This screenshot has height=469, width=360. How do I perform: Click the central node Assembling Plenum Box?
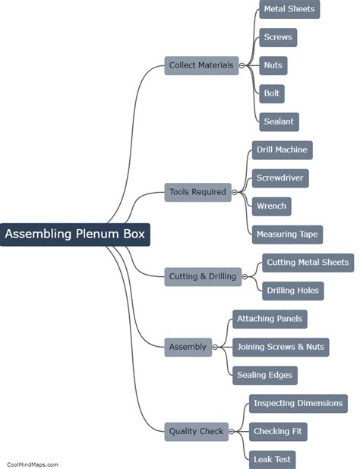[x=74, y=234]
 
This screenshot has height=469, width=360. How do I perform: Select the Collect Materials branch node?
[x=201, y=65]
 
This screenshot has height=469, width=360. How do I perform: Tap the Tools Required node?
[x=197, y=192]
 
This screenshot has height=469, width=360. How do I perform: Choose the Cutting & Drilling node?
[x=202, y=276]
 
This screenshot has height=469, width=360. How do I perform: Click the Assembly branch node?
[x=188, y=347]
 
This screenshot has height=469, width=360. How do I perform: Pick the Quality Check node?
[x=196, y=431]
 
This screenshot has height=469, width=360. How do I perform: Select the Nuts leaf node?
[x=273, y=65]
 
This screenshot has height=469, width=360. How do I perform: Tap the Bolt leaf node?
[x=271, y=93]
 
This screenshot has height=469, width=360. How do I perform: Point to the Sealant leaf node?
[x=279, y=121]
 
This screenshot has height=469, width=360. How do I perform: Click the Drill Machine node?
[x=282, y=150]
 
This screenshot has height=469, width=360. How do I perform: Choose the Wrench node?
[x=271, y=206]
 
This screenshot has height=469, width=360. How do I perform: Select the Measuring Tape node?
[x=286, y=234]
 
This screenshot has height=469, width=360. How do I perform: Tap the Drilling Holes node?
[x=292, y=290]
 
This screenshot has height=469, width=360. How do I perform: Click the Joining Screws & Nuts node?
[x=280, y=347]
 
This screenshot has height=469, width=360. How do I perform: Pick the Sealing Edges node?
[x=264, y=375]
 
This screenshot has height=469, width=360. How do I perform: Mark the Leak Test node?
[x=271, y=459]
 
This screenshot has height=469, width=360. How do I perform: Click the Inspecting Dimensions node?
[x=298, y=403]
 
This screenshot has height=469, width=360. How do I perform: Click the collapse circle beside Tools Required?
[x=235, y=192]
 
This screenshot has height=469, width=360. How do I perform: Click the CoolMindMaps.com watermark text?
[x=32, y=464]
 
